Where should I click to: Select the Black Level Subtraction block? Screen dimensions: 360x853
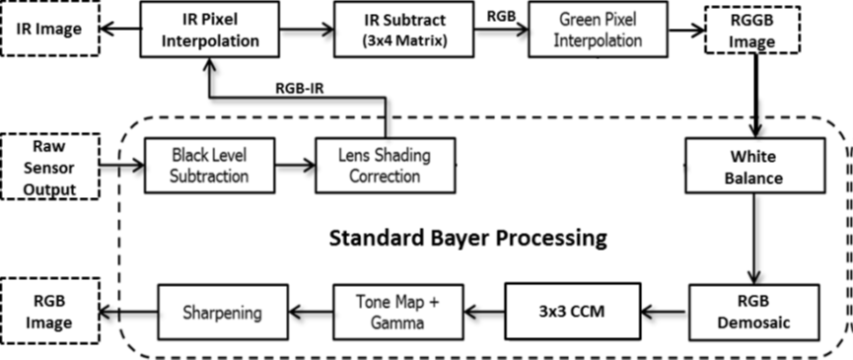(208, 165)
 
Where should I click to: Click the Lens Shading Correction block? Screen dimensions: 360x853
(386, 165)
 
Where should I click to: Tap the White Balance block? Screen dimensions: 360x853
(754, 165)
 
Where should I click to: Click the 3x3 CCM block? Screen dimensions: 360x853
(572, 312)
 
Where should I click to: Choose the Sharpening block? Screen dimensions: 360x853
(222, 313)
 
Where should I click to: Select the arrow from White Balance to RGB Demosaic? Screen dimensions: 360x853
(754, 237)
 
